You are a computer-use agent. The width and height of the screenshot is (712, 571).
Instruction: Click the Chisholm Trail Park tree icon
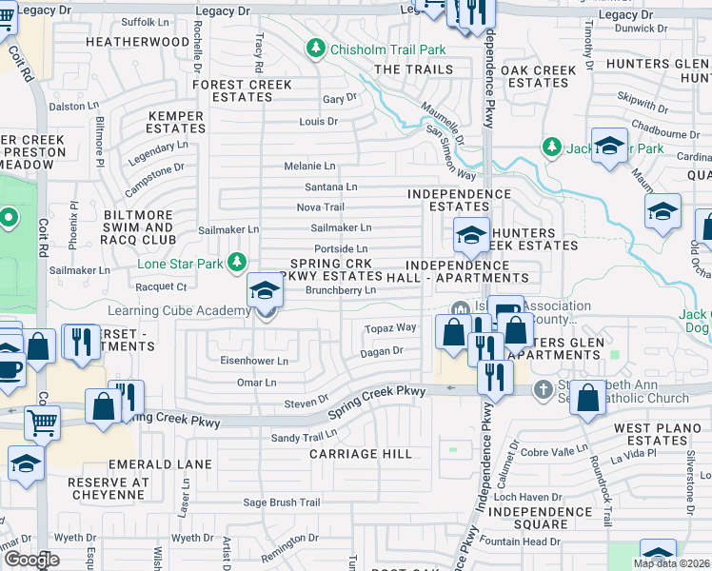click(x=315, y=48)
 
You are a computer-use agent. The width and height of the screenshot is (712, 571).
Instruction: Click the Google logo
click(x=31, y=560)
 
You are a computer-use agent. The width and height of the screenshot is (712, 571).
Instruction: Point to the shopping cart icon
click(x=42, y=420)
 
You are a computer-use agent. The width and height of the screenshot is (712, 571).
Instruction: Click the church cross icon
click(x=543, y=388)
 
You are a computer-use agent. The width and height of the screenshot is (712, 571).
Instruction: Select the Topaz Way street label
click(x=390, y=327)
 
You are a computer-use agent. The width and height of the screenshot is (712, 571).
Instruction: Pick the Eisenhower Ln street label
click(x=254, y=362)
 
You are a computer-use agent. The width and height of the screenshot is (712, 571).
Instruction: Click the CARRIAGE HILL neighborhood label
click(x=361, y=454)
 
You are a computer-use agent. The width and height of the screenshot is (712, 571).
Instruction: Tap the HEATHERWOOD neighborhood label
click(x=137, y=42)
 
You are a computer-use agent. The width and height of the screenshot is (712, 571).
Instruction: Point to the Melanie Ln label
click(x=309, y=166)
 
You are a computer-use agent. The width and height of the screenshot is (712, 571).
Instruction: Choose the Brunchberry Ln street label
click(x=340, y=289)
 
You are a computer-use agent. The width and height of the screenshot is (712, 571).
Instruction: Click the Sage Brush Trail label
click(x=282, y=502)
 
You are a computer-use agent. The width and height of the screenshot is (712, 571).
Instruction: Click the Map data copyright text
click(x=671, y=562)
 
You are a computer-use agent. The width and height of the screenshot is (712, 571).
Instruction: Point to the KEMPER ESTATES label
click(x=176, y=122)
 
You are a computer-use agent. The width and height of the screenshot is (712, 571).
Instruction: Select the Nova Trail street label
click(x=320, y=207)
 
